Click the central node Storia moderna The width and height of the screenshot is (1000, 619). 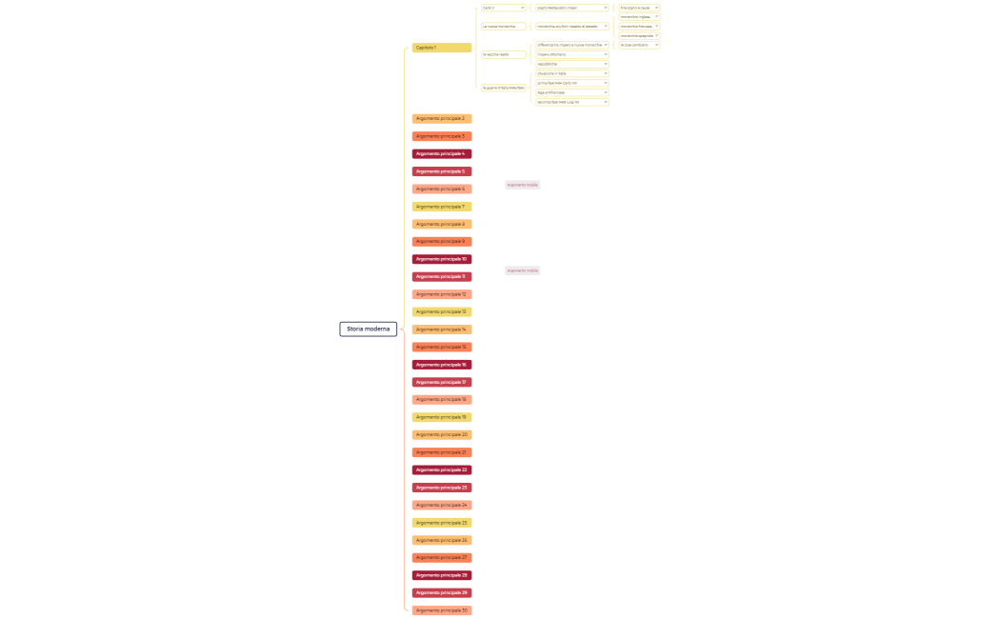[x=368, y=329]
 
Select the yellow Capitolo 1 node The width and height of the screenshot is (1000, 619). [x=441, y=48]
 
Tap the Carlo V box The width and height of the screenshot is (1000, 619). [x=503, y=8]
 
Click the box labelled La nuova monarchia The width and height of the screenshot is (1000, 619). [x=503, y=27]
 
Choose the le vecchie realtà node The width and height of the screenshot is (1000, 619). [x=503, y=54]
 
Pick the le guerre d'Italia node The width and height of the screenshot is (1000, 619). [x=503, y=88]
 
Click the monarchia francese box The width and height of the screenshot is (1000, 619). [x=638, y=26]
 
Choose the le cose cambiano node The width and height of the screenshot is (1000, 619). [x=638, y=45]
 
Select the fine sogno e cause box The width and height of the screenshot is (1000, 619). [x=638, y=8]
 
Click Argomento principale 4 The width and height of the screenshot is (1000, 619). [x=441, y=153]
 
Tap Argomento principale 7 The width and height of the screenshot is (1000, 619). [x=441, y=207]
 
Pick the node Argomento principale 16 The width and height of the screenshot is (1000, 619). [x=441, y=365]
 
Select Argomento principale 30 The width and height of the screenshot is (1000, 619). [x=441, y=610]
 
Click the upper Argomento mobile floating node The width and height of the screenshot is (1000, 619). [x=522, y=185]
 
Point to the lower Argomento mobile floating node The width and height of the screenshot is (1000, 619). [x=522, y=270]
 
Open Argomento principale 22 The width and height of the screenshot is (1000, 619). [x=441, y=469]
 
